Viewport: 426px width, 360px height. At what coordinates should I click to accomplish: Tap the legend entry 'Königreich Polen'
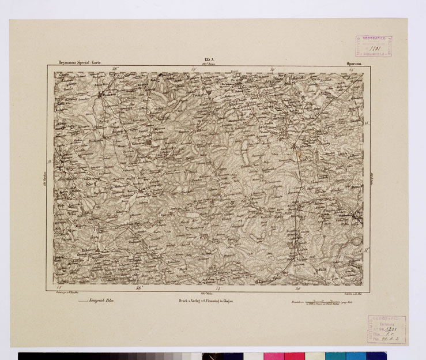(x=101, y=301)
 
